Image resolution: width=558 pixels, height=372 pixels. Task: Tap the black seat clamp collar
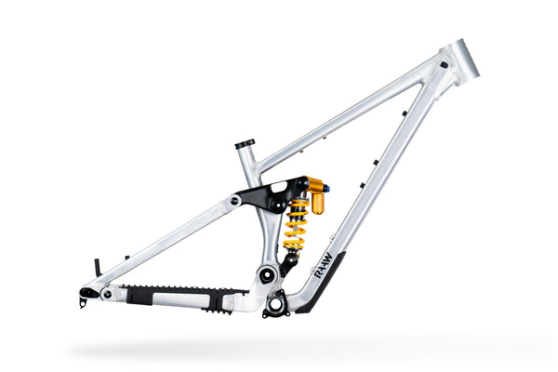click(245, 144)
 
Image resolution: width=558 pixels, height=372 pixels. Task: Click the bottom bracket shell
click(276, 303)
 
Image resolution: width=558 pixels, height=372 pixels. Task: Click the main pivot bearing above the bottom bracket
click(267, 273)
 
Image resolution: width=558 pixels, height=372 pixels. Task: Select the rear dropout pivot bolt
click(107, 294)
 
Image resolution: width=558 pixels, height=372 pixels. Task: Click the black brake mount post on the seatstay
click(96, 267)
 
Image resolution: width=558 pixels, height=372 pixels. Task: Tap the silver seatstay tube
click(167, 245)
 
